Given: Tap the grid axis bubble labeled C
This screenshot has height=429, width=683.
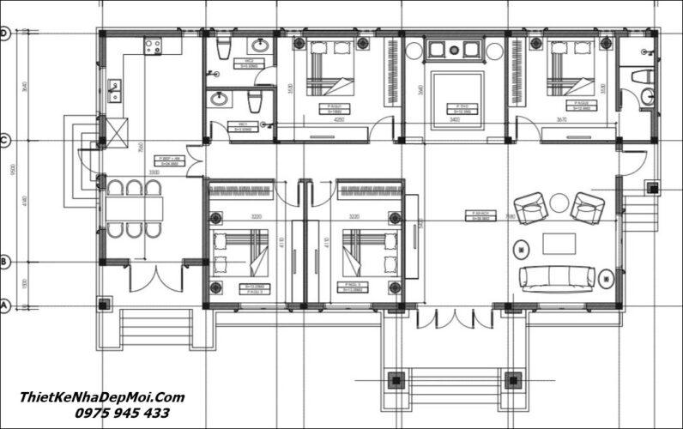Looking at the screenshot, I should pyautogui.click(x=4, y=140).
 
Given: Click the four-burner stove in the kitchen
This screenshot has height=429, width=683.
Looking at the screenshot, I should pyautogui.click(x=155, y=45).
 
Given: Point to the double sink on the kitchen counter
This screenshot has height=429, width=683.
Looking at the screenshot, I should pyautogui.click(x=114, y=90).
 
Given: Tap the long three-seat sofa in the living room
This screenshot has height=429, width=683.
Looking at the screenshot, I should pyautogui.click(x=557, y=275).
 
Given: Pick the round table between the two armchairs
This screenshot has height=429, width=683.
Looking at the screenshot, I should pyautogui.click(x=559, y=203).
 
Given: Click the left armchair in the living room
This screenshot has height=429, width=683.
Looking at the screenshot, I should pyautogui.click(x=529, y=208).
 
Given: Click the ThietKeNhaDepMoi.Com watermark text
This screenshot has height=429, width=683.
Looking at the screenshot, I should pyautogui.click(x=102, y=396).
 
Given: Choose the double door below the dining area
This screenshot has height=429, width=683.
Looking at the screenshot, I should pyautogui.click(x=155, y=278).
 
